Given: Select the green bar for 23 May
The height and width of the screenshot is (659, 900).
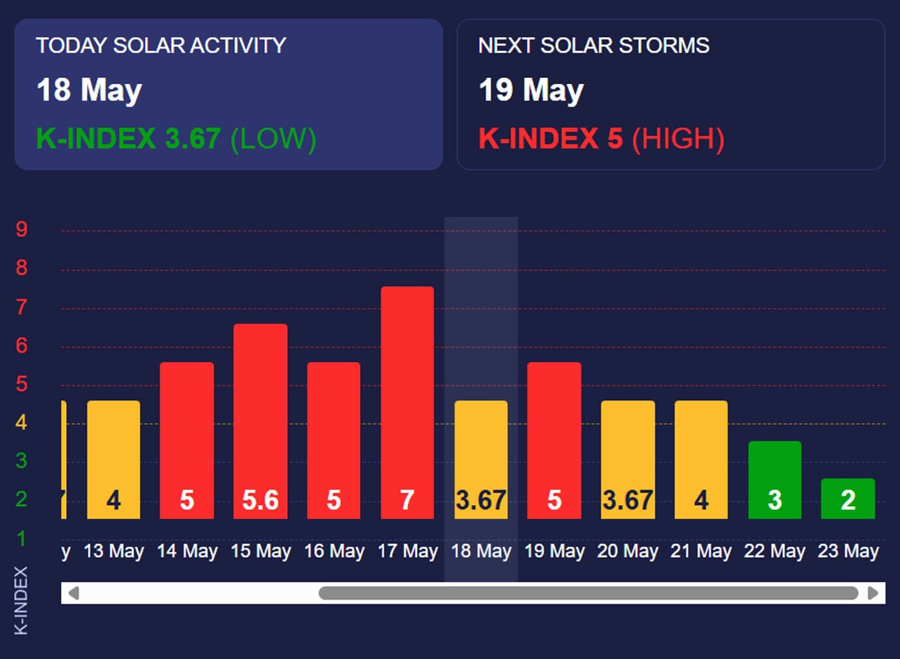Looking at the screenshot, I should (847, 498).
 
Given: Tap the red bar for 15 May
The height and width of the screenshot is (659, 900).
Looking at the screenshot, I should (260, 420).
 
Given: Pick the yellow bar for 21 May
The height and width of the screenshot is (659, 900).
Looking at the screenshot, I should (701, 459).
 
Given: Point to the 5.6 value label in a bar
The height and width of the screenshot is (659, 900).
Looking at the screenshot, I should (260, 500).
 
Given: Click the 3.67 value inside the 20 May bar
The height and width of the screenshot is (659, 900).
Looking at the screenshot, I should (628, 500).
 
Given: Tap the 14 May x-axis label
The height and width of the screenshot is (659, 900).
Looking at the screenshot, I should (187, 552).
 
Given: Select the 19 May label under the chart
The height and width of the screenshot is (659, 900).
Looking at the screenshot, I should (554, 552).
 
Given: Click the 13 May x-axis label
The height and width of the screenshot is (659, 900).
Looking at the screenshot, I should (113, 552).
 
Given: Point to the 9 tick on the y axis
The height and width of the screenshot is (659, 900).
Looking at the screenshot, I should (22, 230).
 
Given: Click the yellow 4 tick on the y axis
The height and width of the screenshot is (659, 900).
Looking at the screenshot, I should (22, 423).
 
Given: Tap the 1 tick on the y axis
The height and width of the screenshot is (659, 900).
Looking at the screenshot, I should (22, 538).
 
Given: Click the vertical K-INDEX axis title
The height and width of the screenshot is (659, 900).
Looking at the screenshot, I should (21, 600).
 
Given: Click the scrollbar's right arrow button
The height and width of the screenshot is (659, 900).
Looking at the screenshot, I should (872, 593).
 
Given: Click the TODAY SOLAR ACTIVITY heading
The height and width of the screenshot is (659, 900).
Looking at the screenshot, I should (160, 45).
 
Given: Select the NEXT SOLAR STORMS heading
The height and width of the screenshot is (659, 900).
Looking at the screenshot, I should (593, 45).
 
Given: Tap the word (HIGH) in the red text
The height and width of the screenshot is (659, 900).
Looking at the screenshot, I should (678, 139).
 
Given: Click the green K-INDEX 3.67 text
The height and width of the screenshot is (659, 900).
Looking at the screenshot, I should (128, 139).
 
